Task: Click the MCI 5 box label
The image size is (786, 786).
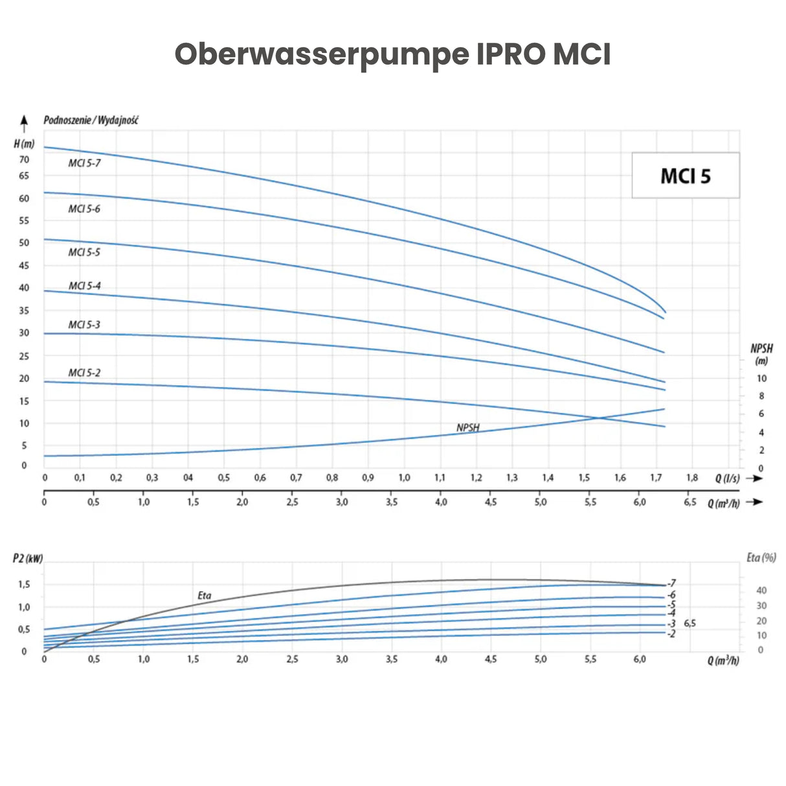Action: [685, 176]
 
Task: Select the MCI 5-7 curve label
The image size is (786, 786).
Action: [84, 163]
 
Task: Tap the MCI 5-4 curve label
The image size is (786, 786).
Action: [84, 286]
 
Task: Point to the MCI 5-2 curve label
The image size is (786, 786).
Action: [84, 373]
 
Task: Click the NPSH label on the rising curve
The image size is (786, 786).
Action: [467, 428]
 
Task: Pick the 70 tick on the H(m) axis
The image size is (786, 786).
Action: [25, 160]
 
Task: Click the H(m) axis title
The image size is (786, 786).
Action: [24, 144]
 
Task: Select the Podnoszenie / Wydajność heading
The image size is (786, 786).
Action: [91, 120]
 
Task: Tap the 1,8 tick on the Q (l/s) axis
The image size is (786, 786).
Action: [692, 478]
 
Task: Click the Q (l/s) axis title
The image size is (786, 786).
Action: [727, 478]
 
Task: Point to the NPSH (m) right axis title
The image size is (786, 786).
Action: [761, 354]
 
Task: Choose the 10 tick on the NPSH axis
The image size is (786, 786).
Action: [761, 379]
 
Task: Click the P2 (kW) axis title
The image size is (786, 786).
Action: [28, 558]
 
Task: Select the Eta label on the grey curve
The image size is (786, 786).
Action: [204, 596]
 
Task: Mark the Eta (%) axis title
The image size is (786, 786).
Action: [761, 557]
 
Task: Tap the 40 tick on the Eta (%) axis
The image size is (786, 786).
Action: [761, 590]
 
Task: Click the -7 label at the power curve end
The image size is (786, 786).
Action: [672, 583]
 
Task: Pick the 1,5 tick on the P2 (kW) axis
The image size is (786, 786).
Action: [24, 584]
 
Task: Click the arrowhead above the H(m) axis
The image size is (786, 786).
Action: [24, 120]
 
